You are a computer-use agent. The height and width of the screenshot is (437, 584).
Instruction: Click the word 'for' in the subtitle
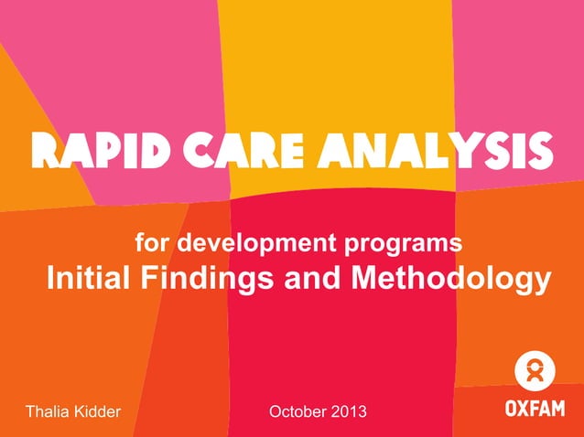coord(152,245)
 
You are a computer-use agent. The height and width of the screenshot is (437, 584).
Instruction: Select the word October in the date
coord(297,412)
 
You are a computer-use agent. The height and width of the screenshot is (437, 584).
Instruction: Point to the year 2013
coord(349,412)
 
